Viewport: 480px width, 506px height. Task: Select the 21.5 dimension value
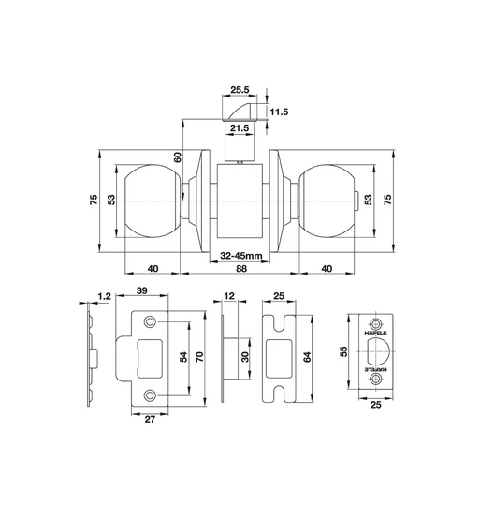tap(239, 127)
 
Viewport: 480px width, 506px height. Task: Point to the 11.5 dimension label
tap(279, 112)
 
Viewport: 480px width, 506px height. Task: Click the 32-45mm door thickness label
tap(240, 255)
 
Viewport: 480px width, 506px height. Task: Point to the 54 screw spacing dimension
tap(184, 357)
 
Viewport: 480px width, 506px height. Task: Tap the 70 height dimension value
tap(199, 357)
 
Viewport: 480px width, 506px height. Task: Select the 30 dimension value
tap(244, 358)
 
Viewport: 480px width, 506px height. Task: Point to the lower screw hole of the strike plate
tap(151, 395)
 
